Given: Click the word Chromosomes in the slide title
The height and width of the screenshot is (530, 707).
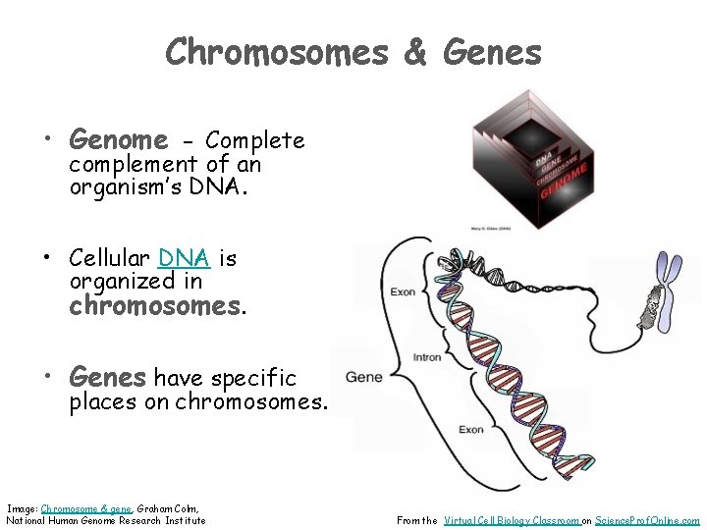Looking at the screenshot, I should pyautogui.click(x=277, y=51).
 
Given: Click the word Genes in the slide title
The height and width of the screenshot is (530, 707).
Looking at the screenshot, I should pyautogui.click(x=492, y=51).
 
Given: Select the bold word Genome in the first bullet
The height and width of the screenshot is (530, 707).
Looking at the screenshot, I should pyautogui.click(x=118, y=140).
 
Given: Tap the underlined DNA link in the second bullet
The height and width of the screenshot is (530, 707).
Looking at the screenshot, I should pyautogui.click(x=184, y=258).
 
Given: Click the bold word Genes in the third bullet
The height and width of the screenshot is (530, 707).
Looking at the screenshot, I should pyautogui.click(x=107, y=377).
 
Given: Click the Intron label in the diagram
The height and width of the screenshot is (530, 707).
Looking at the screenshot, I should pyautogui.click(x=427, y=357).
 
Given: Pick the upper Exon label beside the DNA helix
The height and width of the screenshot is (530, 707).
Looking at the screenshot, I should pyautogui.click(x=403, y=291).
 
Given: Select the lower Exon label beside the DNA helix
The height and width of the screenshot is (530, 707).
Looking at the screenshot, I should pyautogui.click(x=471, y=430).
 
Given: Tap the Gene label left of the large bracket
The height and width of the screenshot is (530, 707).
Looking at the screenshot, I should pyautogui.click(x=363, y=378).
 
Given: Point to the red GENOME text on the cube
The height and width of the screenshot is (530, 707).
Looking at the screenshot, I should pyautogui.click(x=564, y=183).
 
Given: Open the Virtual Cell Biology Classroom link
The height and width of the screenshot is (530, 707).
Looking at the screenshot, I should pyautogui.click(x=511, y=520).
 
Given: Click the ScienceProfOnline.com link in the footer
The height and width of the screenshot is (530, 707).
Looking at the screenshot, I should pyautogui.click(x=648, y=520).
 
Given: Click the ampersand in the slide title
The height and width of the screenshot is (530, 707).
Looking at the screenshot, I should pyautogui.click(x=416, y=51).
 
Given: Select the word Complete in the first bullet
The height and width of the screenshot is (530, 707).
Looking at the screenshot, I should pyautogui.click(x=255, y=140).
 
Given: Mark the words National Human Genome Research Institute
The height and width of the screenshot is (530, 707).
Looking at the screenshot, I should pyautogui.click(x=106, y=520).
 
